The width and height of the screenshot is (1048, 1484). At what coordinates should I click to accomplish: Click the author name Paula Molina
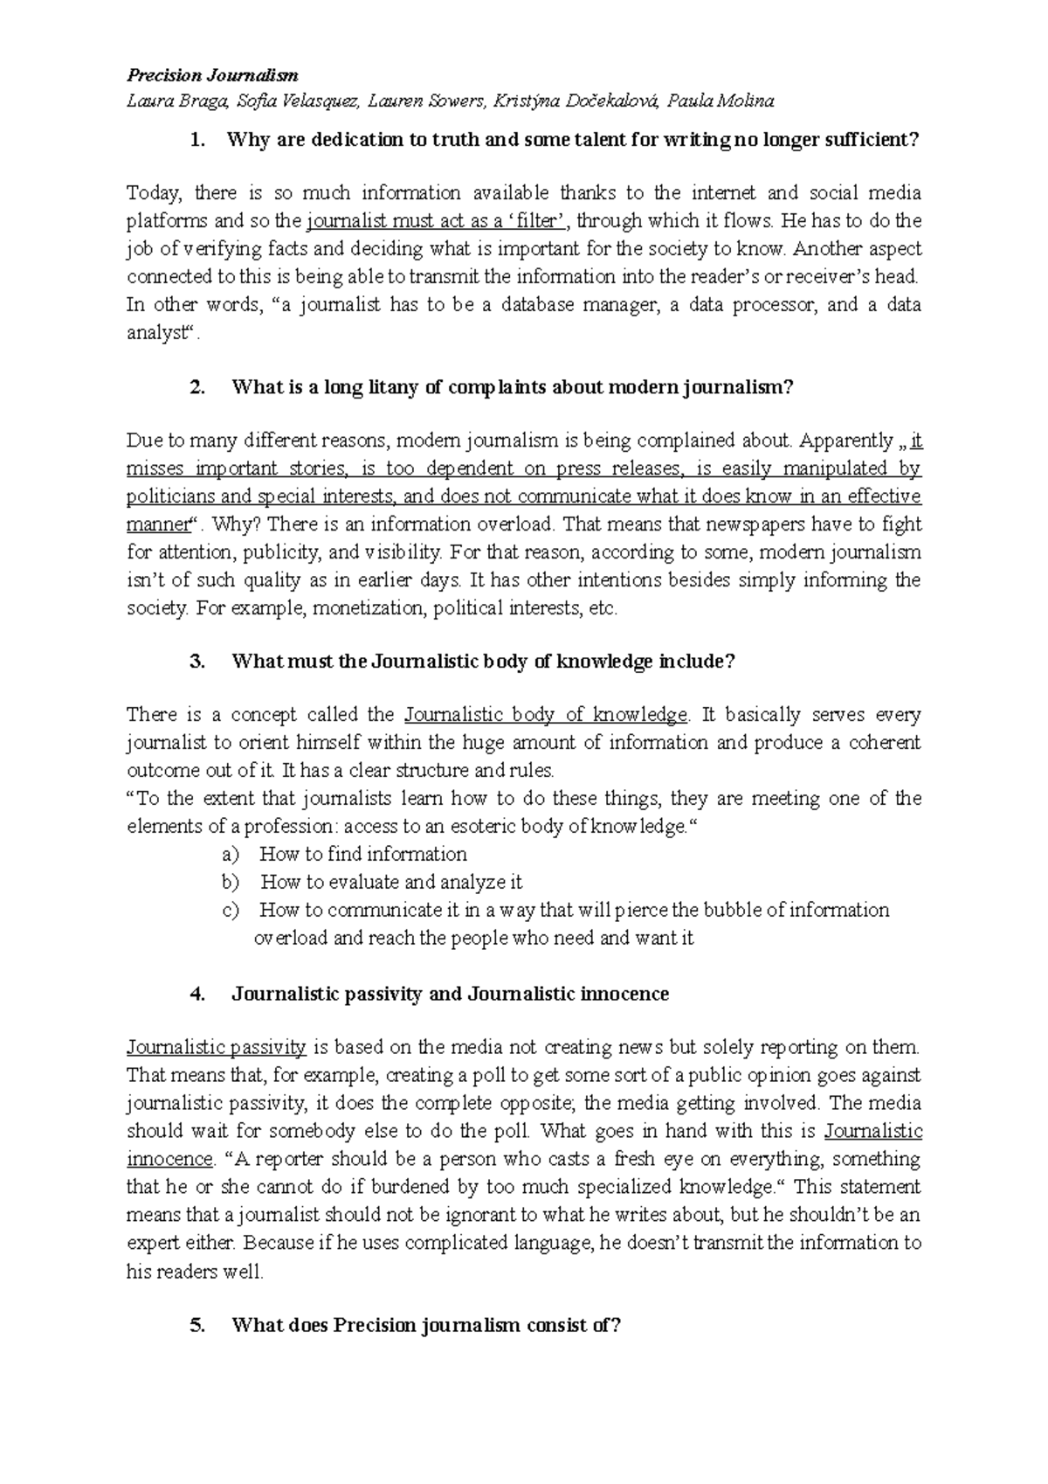tap(720, 101)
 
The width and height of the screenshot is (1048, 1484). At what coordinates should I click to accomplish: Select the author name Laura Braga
tap(177, 101)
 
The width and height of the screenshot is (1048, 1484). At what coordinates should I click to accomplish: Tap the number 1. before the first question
tap(197, 140)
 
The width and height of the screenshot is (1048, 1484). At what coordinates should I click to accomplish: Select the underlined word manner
tap(158, 524)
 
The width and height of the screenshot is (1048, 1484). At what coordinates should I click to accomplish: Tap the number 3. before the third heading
tap(197, 662)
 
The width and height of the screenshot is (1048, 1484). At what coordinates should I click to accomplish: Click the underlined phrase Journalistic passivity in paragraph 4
tap(216, 1047)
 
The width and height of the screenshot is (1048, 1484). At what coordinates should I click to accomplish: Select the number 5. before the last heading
tap(197, 1326)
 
